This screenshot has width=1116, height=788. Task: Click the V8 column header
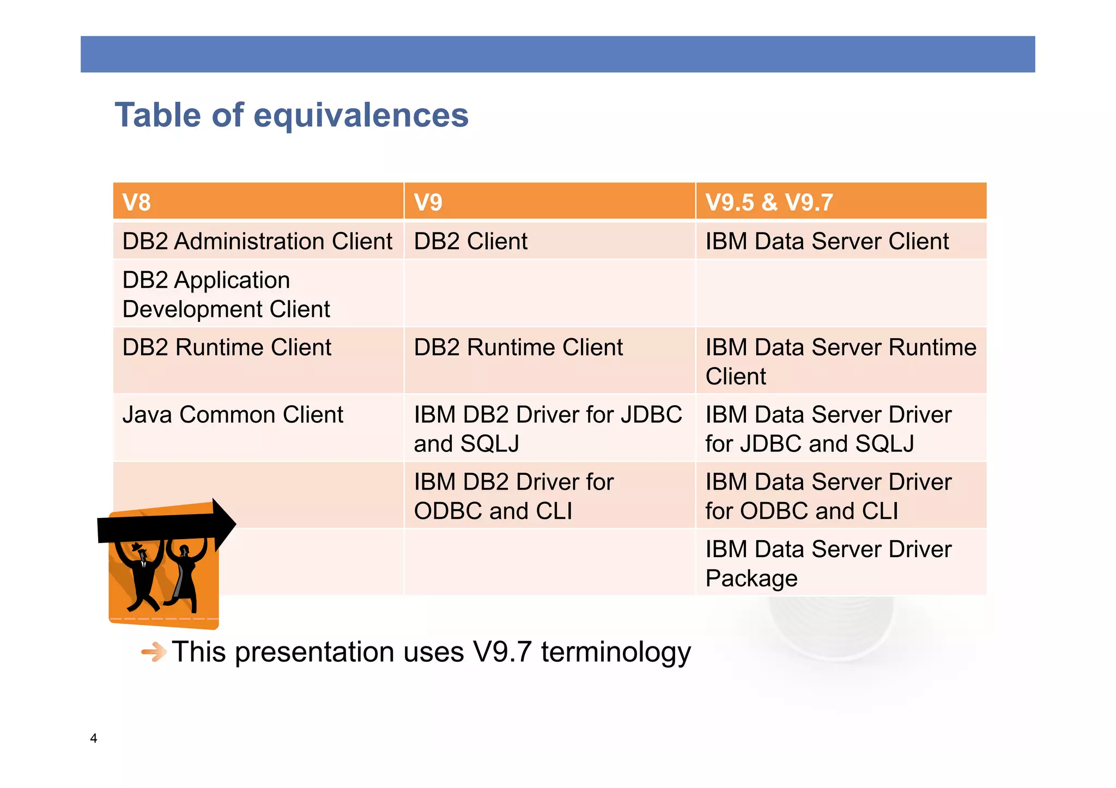[x=137, y=202]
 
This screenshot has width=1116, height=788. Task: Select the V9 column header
[x=428, y=202]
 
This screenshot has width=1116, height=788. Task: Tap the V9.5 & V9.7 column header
[x=769, y=202]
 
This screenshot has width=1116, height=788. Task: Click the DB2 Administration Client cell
[x=257, y=241]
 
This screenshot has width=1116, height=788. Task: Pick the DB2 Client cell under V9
[x=470, y=241]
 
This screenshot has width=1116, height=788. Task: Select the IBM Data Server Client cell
[x=827, y=241]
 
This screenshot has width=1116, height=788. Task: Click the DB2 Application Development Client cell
[x=226, y=294]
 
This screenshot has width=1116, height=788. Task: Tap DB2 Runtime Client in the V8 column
[x=227, y=347]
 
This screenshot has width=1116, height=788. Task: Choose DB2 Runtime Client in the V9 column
[x=518, y=347]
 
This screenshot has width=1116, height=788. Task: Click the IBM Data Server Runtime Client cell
[x=840, y=362]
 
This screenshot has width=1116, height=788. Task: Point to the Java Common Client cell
[x=233, y=414]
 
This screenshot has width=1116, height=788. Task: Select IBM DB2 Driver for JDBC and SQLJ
[x=548, y=429]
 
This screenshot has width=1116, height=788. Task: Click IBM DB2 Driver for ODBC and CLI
[x=513, y=496]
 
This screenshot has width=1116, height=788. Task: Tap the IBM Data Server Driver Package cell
[x=828, y=563]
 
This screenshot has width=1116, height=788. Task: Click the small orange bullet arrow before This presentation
[x=154, y=652]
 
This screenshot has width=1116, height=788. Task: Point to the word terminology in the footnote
[x=616, y=652]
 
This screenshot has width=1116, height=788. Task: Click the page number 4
[x=94, y=738]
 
